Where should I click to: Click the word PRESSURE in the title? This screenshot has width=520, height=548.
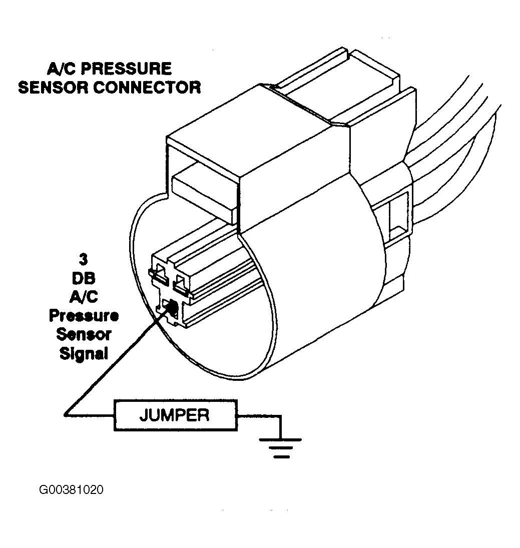(126, 69)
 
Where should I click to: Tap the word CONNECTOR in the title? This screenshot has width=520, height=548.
(147, 88)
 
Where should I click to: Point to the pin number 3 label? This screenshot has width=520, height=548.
(83, 259)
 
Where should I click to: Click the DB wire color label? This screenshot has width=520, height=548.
(84, 278)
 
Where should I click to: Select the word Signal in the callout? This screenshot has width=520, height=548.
(84, 354)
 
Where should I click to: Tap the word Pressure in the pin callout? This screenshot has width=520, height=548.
(84, 316)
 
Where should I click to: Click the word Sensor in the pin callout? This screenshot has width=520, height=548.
(84, 334)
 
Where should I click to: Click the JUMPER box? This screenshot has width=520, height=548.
(176, 415)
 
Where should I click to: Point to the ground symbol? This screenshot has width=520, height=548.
(280, 448)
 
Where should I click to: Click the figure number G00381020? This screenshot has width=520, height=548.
(71, 489)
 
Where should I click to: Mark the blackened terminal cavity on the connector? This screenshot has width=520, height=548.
(171, 307)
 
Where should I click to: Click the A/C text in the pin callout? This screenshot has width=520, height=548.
(84, 297)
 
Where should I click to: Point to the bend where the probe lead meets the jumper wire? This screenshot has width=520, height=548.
(65, 415)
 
